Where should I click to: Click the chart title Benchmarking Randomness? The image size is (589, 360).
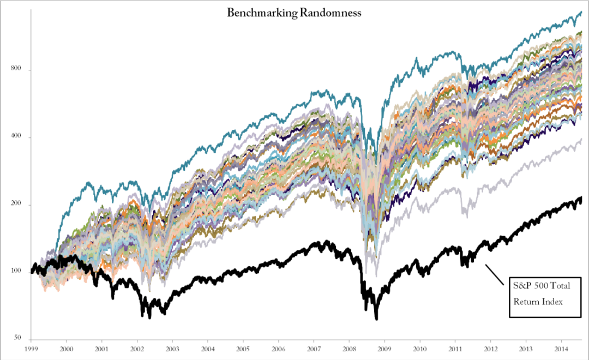click(294, 13)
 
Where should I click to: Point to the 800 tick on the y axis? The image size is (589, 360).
click(16, 70)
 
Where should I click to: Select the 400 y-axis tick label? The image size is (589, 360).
click(16, 137)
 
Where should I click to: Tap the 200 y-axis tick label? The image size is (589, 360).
click(16, 205)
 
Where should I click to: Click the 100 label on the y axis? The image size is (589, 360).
click(16, 272)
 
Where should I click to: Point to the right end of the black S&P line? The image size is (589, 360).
click(581, 199)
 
